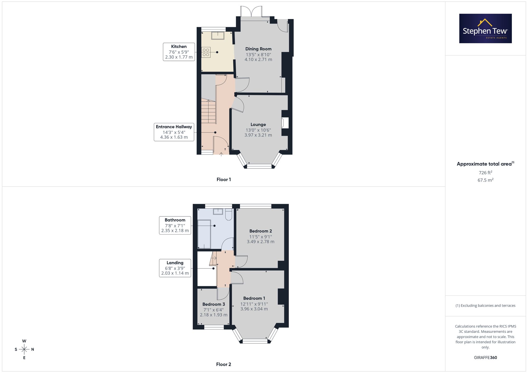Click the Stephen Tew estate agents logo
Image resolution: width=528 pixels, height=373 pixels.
tap(485, 28)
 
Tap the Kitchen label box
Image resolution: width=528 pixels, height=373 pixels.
tap(179, 52)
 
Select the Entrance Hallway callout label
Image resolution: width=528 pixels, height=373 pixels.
tap(174, 132)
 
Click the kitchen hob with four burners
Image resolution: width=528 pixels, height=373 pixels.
tap(206, 52)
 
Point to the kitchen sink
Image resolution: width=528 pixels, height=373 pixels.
tap(218, 36)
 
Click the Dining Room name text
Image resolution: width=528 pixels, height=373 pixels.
tap(258, 49)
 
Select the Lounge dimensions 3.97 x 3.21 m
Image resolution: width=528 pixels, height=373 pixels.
tap(258, 135)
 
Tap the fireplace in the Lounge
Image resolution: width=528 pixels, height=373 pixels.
tap(285, 123)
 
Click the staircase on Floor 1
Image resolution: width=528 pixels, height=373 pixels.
tap(209, 111)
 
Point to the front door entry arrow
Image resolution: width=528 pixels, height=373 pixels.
tap(221, 154)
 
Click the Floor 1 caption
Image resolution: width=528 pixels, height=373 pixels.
tap(224, 180)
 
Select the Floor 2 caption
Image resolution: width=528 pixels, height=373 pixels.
tap(224, 364)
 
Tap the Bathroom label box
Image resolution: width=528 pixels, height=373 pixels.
tap(175, 225)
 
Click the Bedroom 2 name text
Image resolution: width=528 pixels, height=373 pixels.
tap(261, 231)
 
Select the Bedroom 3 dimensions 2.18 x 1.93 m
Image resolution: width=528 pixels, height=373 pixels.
tap(214, 315)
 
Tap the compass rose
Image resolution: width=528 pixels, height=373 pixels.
tap(24, 349)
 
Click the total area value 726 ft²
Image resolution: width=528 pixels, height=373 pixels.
tap(485, 172)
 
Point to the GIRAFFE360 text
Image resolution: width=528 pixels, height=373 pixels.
tap(485, 357)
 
